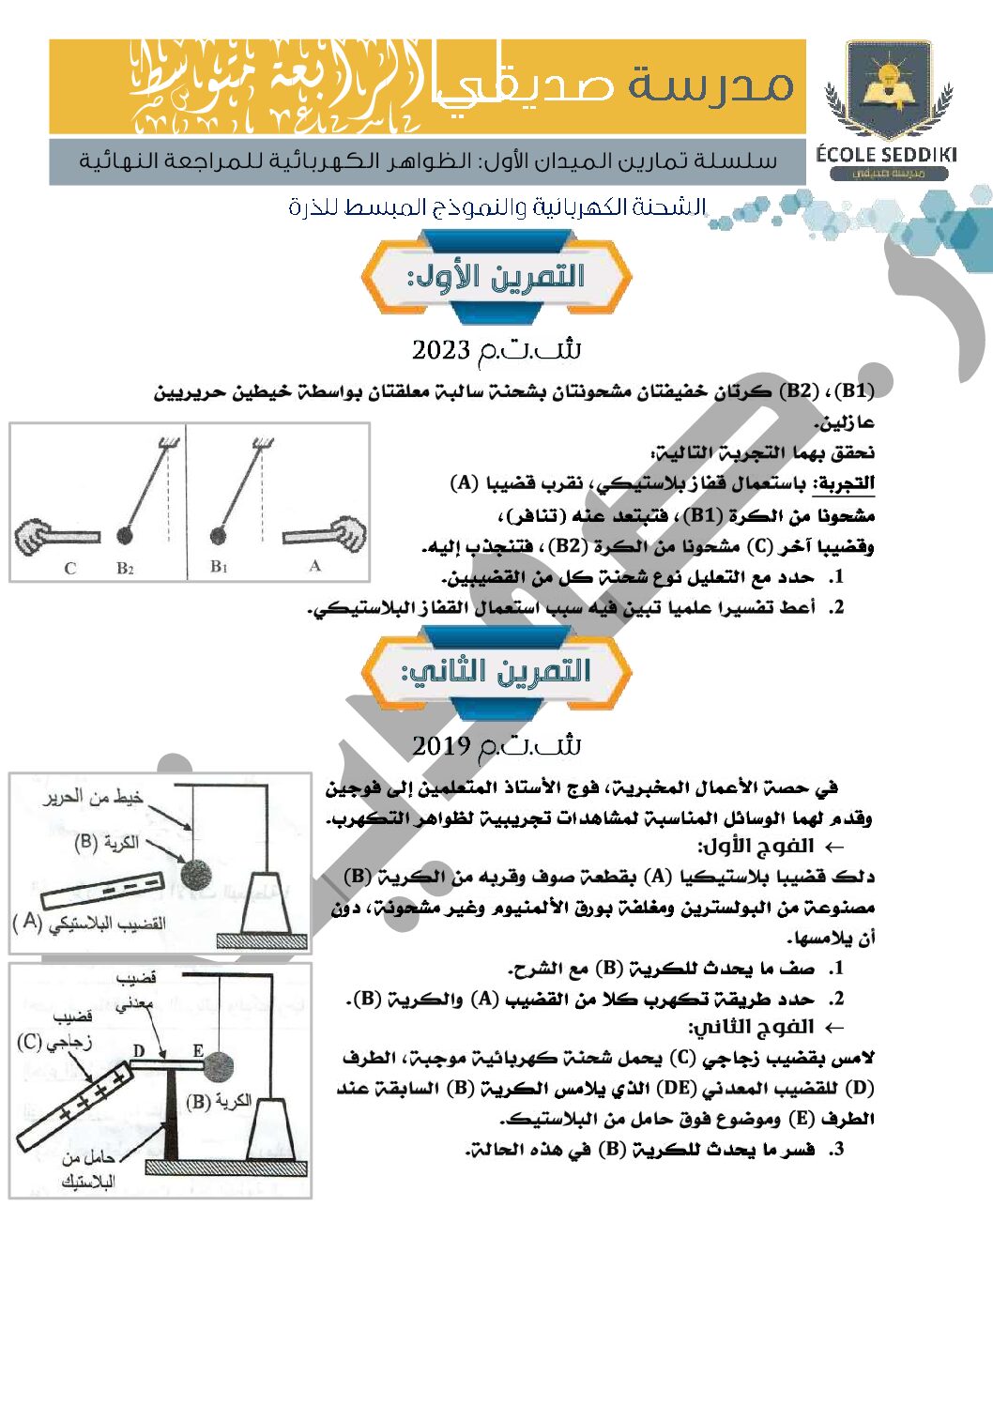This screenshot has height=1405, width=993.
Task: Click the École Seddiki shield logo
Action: point(888,89)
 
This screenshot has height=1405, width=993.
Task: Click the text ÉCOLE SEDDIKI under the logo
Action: point(886,155)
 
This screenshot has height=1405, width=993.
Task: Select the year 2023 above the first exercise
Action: point(440,351)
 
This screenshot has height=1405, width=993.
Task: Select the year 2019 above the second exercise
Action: point(440,746)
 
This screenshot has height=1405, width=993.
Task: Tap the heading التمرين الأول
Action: point(496,276)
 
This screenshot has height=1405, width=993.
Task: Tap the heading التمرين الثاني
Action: point(496,672)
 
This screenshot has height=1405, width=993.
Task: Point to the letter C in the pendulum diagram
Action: point(70,568)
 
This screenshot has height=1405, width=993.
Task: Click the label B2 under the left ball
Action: point(125,568)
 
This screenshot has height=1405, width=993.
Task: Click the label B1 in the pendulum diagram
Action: point(219,566)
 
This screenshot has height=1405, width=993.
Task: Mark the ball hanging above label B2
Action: point(124,536)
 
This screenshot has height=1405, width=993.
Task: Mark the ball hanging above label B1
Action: point(219,536)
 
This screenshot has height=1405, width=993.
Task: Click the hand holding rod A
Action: point(348,534)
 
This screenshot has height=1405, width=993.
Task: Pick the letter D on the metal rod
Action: point(139,1051)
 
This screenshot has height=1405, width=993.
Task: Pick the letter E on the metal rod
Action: point(198,1051)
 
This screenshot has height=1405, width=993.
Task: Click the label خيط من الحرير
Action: point(93,798)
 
